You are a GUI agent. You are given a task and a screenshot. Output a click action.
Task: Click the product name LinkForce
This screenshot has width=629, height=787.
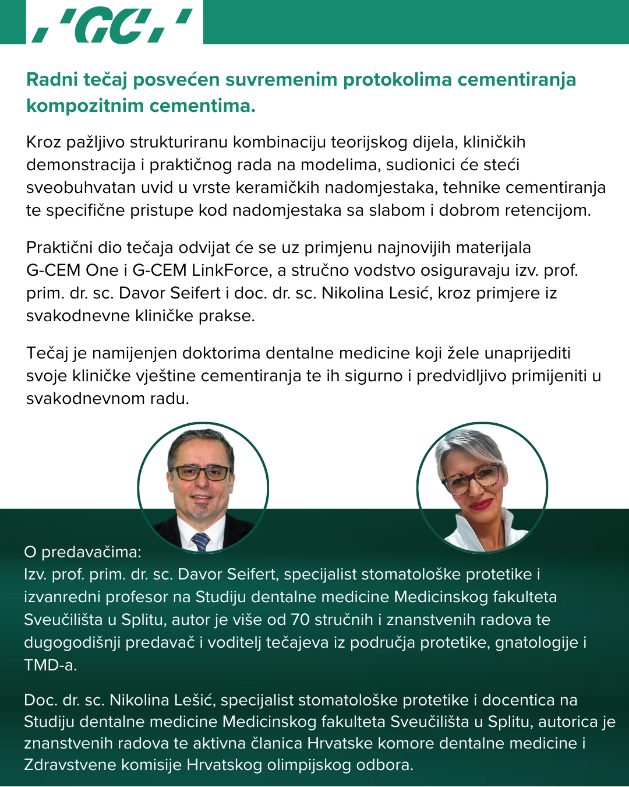tap(230, 270)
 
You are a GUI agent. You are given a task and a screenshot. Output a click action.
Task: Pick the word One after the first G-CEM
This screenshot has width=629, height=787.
tap(102, 270)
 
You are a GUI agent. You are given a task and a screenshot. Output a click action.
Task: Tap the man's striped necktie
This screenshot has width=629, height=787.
tap(201, 542)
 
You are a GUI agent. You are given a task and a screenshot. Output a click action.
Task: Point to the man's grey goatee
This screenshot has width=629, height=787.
tap(201, 510)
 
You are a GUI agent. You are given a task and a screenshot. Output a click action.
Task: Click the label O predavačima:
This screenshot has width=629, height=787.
tap(83, 551)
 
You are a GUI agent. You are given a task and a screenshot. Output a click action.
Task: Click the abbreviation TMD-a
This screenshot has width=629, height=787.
tap(50, 665)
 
